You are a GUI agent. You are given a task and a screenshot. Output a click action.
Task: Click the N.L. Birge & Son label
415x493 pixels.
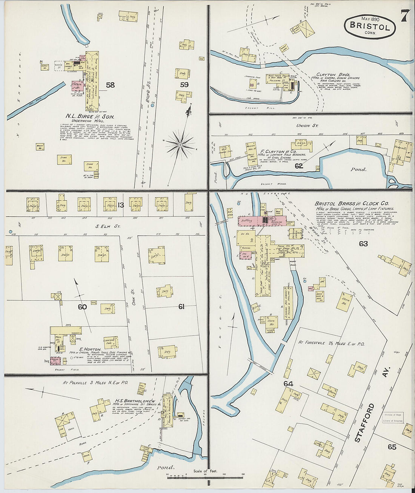pyautogui.click(x=90, y=117)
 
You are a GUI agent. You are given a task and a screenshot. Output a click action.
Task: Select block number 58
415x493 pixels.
pyautogui.click(x=110, y=85)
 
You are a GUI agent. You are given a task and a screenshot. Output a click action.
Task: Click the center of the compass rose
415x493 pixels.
pyautogui.click(x=180, y=145)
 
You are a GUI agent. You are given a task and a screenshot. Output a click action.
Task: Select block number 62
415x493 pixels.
pyautogui.click(x=299, y=165)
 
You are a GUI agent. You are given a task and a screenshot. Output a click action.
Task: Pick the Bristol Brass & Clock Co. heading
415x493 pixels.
pyautogui.click(x=351, y=204)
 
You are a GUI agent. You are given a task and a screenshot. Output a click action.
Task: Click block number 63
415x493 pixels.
pyautogui.click(x=363, y=244)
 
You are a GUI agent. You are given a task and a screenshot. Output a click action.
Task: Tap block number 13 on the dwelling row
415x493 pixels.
pyautogui.click(x=121, y=205)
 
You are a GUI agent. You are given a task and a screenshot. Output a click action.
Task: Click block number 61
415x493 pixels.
pyautogui.click(x=181, y=307)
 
